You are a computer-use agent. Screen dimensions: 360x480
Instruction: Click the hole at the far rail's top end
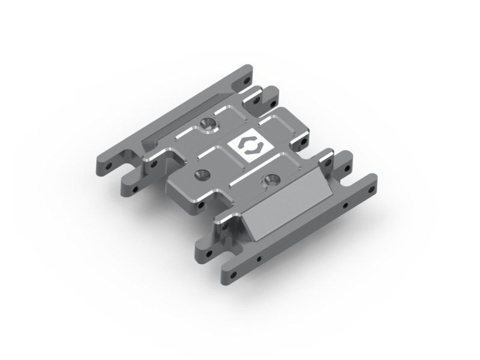[x=246, y=80]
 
